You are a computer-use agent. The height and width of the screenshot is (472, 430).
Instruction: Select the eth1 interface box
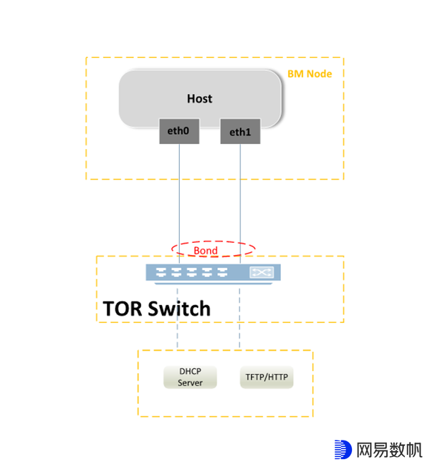[x=240, y=131]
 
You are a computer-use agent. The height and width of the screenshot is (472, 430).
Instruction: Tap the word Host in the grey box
[x=199, y=98]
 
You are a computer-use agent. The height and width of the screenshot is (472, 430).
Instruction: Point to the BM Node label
[x=310, y=74]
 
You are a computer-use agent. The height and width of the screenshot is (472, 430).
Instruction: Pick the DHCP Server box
[x=191, y=377]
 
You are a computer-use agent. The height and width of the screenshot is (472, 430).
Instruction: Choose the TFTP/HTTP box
[x=267, y=377]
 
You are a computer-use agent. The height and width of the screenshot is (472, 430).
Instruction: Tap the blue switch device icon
[x=213, y=273]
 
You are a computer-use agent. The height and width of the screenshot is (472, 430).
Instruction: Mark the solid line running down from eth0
[x=178, y=193]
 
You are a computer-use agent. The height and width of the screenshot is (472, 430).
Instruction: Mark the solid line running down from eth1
[x=240, y=193]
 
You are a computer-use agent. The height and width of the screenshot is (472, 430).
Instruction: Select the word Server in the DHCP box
[x=191, y=382]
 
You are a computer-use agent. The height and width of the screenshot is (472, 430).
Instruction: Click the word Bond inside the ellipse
[x=206, y=251]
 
